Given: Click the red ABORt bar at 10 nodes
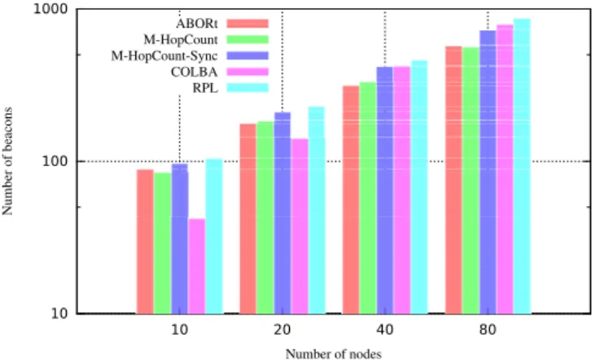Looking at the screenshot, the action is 145,242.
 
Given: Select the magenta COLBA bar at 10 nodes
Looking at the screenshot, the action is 197,266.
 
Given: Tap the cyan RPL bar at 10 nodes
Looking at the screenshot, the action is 214,236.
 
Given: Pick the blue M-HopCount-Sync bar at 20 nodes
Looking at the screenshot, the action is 283,213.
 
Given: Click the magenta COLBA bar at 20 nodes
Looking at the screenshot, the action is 300,226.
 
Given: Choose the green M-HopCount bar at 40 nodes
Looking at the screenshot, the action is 368,198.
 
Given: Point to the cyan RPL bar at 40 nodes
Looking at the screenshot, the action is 419,187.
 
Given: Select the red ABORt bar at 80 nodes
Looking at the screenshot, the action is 454,180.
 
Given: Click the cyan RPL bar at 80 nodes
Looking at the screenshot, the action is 522,166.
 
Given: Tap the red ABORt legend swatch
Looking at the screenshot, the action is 248,24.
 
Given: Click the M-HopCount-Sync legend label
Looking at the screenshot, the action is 164,56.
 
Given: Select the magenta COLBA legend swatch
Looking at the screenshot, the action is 248,72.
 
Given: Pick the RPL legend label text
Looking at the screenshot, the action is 205,88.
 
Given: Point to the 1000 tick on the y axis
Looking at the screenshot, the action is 52,9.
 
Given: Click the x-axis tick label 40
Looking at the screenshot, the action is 385,330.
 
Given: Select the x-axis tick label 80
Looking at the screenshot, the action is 488,330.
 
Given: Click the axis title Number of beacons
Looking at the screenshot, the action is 7,161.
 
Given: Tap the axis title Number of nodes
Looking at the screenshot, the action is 333,354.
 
